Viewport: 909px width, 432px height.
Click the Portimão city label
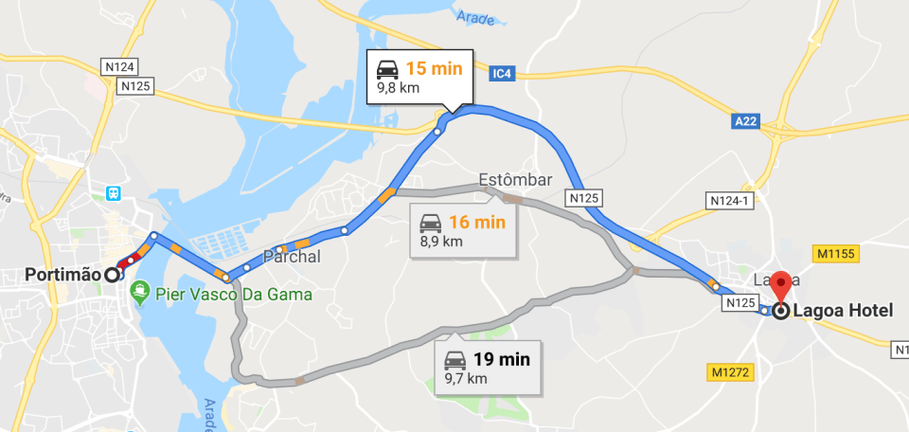pyautogui.click(x=62, y=275)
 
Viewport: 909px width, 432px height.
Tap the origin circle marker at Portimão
pyautogui.click(x=113, y=275)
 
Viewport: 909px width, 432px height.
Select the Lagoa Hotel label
pyautogui.click(x=843, y=310)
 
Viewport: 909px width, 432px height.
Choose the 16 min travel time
pyautogui.click(x=477, y=223)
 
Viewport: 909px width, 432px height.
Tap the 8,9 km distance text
pyautogui.click(x=441, y=242)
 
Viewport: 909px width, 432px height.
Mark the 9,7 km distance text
pyautogui.click(x=466, y=378)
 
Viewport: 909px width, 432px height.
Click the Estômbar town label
pyautogui.click(x=515, y=180)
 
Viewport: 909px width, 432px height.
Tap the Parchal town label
pyautogui.click(x=293, y=257)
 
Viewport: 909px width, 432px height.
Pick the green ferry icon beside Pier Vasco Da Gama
pyautogui.click(x=140, y=295)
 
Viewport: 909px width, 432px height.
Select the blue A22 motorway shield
pyautogui.click(x=745, y=121)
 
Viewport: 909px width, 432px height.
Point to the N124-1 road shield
pyautogui.click(x=729, y=201)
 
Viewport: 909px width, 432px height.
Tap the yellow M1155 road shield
pyautogui.click(x=835, y=253)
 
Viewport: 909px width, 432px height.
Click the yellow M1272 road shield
pyautogui.click(x=729, y=372)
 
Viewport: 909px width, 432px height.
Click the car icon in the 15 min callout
pyautogui.click(x=387, y=68)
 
